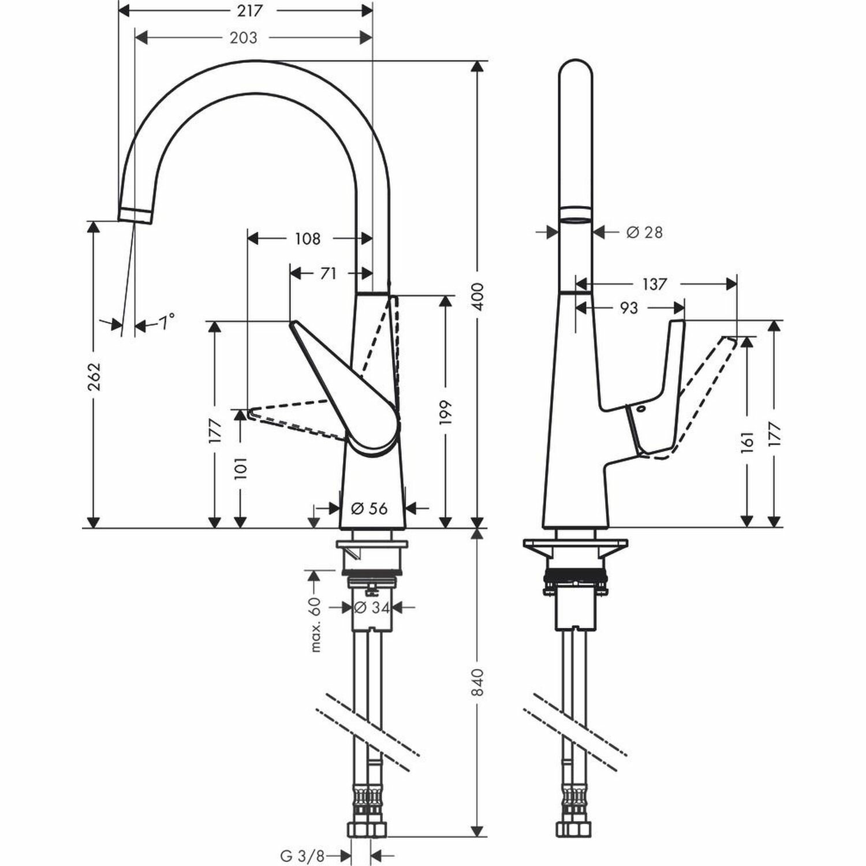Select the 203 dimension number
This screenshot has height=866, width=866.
pos(243,38)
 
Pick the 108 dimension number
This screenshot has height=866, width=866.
pos(307,238)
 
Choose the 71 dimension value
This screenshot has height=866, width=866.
pos(328,273)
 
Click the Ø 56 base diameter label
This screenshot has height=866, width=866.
pos(369,508)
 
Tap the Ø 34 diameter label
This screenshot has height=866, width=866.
pos(370,607)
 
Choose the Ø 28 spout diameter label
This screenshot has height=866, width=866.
pos(644,232)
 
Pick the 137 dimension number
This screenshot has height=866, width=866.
pos(654,284)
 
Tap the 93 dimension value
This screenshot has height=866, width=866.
pos(629,308)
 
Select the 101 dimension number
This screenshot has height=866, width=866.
pos(241,466)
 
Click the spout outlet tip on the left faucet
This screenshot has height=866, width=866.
pos(136,215)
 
